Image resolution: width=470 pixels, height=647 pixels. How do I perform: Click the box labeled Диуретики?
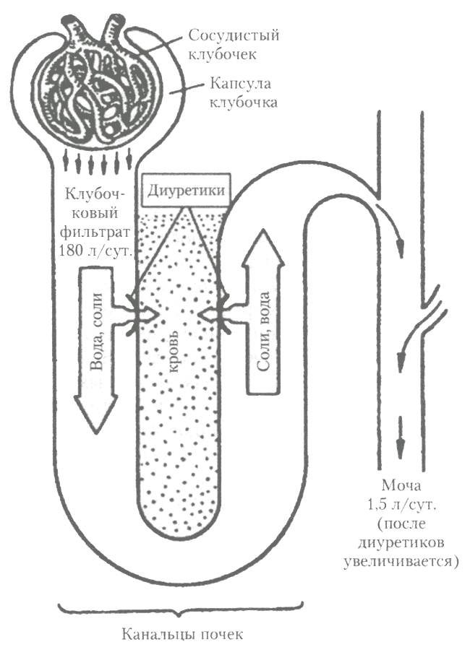(187, 191)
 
